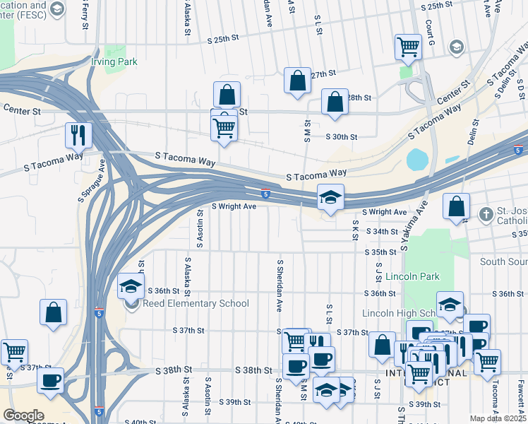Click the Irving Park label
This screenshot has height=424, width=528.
point(113,61)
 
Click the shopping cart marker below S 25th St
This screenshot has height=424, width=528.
point(408,46)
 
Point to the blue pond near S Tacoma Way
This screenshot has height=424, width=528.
point(417,160)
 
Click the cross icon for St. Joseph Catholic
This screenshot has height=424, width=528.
point(486,213)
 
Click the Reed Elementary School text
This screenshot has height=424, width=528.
point(196,304)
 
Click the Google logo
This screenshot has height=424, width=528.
point(23,416)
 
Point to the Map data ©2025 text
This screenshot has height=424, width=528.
point(497,418)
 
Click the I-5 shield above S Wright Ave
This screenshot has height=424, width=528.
point(265,194)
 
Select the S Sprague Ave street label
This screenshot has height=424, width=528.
point(91,180)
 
